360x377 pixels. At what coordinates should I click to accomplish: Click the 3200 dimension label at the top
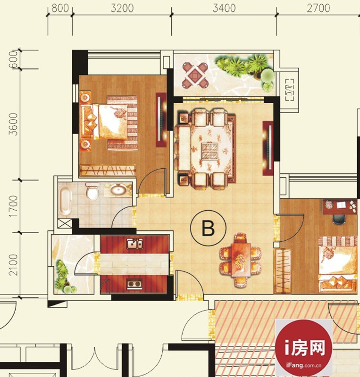[x=122, y=8]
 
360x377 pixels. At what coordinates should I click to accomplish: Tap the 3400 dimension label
[x=224, y=8]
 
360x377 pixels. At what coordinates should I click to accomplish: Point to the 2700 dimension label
[x=318, y=8]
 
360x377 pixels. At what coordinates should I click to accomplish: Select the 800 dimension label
[x=60, y=8]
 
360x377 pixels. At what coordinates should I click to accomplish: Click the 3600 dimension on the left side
[x=13, y=124]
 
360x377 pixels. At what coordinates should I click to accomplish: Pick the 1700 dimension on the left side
[x=13, y=206]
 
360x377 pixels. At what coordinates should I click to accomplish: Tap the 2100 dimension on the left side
[x=13, y=265]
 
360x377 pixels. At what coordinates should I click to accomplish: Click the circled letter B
[x=208, y=228]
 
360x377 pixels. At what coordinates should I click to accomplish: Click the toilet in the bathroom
[x=92, y=191]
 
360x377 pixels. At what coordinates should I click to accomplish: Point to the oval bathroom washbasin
[x=118, y=189]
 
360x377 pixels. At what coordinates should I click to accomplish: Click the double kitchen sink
[x=134, y=244]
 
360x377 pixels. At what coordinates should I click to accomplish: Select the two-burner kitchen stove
[x=134, y=284]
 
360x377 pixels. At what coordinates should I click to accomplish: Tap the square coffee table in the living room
[x=210, y=151]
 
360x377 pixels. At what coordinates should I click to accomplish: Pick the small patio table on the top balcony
[x=195, y=74]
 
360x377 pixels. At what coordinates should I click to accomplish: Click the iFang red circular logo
[x=304, y=348]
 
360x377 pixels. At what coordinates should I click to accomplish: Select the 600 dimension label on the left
[x=14, y=59]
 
